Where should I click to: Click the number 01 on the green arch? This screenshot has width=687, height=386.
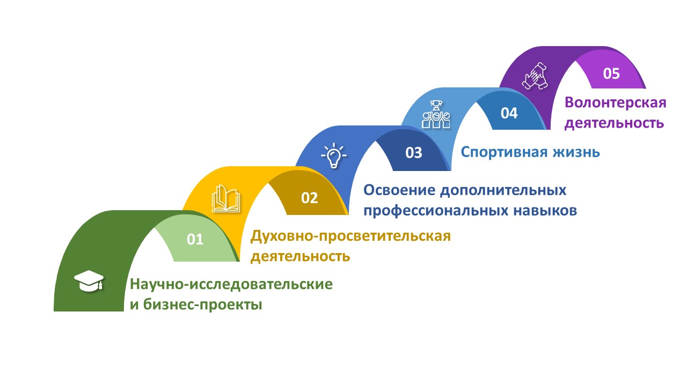tap(195, 239)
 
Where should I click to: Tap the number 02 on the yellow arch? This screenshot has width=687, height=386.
tap(309, 198)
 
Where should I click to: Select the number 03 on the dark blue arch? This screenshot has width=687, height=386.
tap(414, 153)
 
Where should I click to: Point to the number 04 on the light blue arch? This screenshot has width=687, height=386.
tap(509, 113)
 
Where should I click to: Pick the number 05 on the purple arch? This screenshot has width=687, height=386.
tap(611, 73)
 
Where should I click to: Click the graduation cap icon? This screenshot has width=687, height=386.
tap(89, 280)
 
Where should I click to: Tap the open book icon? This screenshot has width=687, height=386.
tap(226, 198)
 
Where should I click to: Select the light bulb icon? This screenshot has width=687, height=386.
tap(334, 155)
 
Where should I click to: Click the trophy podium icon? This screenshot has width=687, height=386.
tap(436, 114)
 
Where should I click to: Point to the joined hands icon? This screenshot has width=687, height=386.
tap(535, 76)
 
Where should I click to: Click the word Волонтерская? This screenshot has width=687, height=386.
tap(616, 102)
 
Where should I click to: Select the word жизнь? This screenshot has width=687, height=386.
tap(576, 152)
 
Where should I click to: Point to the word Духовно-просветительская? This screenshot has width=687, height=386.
tap(350, 236)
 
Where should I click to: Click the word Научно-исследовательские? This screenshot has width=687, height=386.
tap(231, 284)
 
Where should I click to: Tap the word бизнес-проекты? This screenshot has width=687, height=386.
tap(203, 305)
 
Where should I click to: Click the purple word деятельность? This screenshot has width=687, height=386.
tap(615, 123)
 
